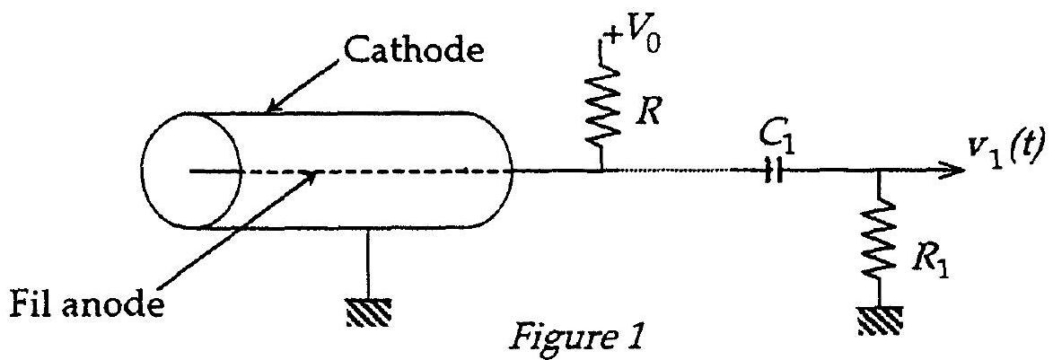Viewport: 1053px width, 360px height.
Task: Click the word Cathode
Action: (x=415, y=50)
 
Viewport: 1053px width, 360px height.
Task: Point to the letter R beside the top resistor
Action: (x=649, y=113)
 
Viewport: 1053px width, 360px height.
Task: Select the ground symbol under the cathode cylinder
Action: (x=368, y=312)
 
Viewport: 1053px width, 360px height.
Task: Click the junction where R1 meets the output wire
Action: (x=878, y=172)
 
